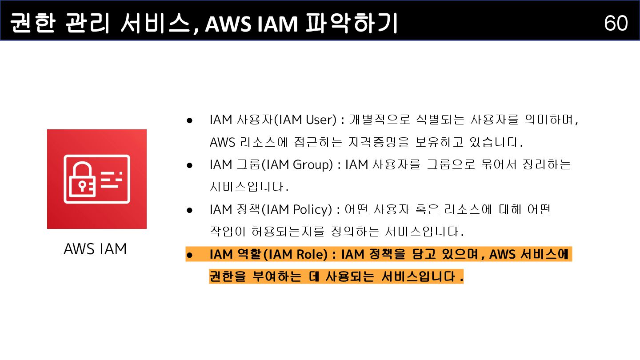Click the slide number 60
click(616, 23)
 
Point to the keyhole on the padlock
click(82, 184)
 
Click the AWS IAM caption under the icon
click(95, 249)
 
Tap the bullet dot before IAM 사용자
click(189, 120)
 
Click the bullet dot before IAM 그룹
click(189, 165)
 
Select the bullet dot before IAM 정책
click(189, 210)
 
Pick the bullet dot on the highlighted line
click(189, 255)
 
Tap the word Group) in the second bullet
click(313, 165)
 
